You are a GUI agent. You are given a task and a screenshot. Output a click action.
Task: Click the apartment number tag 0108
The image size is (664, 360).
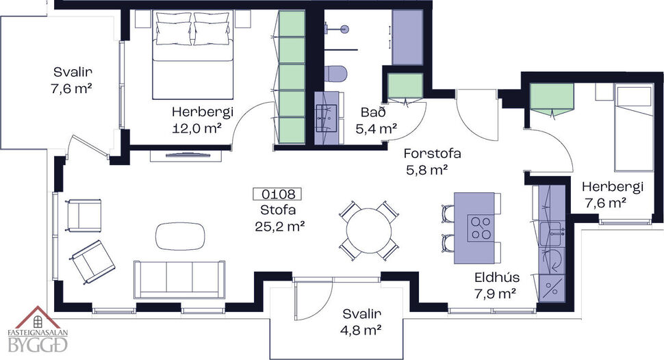277,194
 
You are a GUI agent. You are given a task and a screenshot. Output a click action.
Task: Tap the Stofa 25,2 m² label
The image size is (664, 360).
282,217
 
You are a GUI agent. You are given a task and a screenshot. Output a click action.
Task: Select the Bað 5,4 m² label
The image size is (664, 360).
376,120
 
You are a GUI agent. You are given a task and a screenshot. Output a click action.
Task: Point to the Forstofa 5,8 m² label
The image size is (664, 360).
431,162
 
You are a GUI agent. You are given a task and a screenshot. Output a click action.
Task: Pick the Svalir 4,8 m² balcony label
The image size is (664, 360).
361,322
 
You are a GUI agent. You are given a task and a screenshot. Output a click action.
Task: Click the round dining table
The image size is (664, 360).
370,230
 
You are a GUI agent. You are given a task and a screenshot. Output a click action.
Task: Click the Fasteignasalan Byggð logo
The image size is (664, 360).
41,333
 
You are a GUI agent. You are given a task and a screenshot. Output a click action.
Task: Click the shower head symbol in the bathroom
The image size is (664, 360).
344,29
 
